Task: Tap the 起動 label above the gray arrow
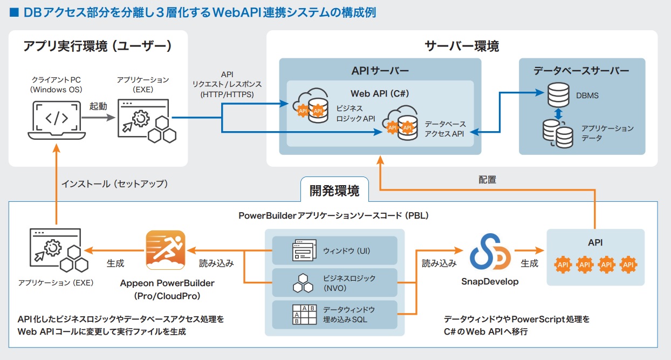pyautogui.click(x=98, y=106)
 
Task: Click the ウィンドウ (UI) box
pyautogui.click(x=334, y=250)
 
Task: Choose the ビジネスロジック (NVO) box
pyautogui.click(x=334, y=282)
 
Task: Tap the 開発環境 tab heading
pyautogui.click(x=334, y=190)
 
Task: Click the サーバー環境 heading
pyautogui.click(x=462, y=46)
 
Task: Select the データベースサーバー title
pyautogui.click(x=581, y=71)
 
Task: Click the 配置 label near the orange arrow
pyautogui.click(x=487, y=180)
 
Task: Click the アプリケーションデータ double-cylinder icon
pyautogui.click(x=558, y=134)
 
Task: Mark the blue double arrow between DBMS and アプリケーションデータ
pyautogui.click(x=558, y=114)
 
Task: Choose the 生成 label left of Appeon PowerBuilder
pyautogui.click(x=115, y=263)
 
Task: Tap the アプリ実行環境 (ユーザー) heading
pyautogui.click(x=98, y=46)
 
